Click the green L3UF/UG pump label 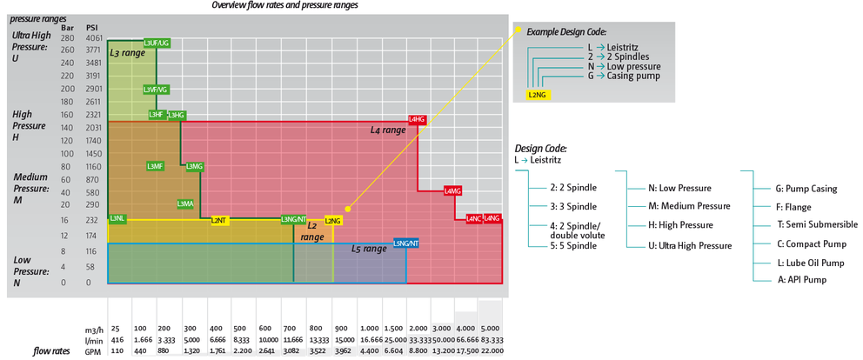click(x=157, y=43)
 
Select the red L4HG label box click(x=417, y=118)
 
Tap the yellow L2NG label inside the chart click(x=333, y=220)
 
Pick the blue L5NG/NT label click(x=406, y=243)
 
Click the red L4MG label click(x=452, y=190)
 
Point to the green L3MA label click(x=185, y=203)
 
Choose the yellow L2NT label click(x=219, y=220)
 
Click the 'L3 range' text click(x=127, y=52)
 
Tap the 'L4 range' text click(x=388, y=130)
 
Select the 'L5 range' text click(x=368, y=249)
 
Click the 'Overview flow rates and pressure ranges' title click(x=285, y=5)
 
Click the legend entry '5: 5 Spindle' click(x=573, y=246)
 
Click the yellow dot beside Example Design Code click(x=517, y=30)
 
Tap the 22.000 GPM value click(x=490, y=350)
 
